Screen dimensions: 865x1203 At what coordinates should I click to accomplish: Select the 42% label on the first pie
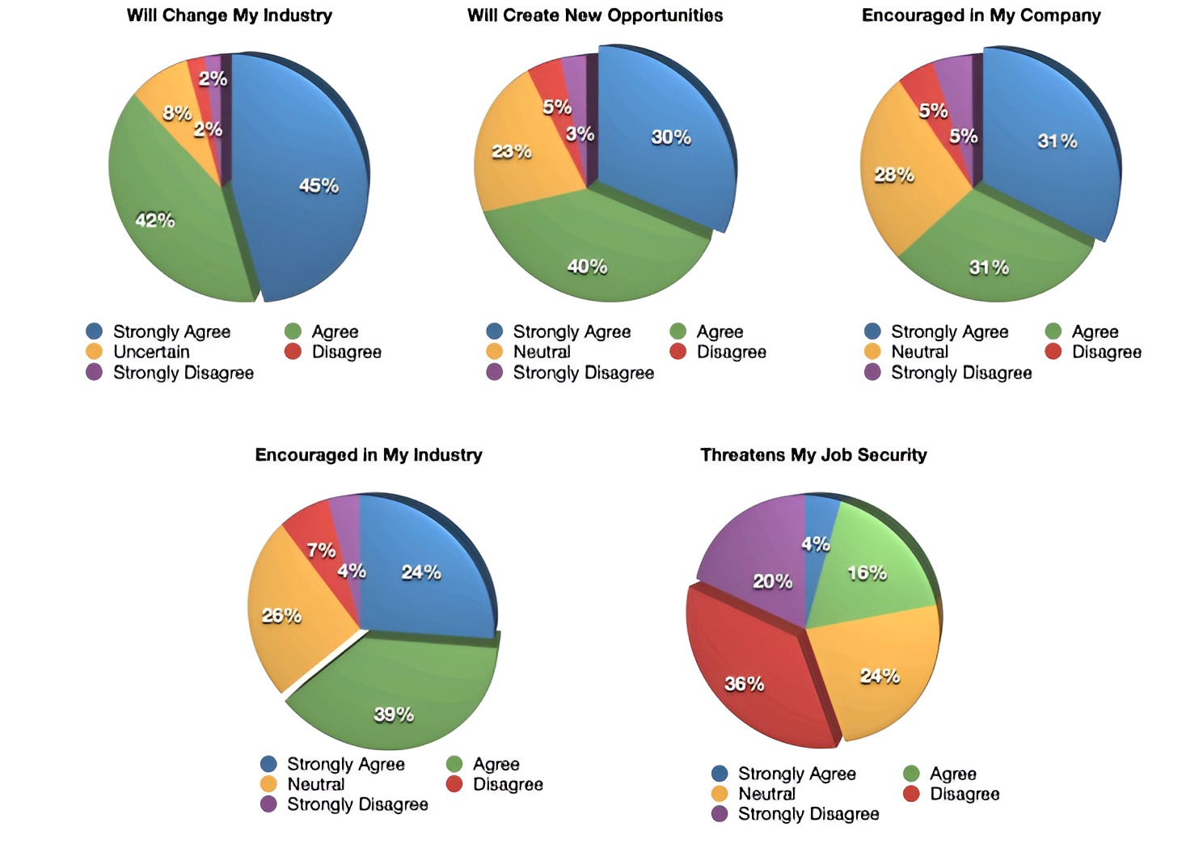point(154,220)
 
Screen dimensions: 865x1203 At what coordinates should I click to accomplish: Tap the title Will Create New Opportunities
point(595,15)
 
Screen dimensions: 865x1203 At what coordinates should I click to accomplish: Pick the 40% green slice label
point(587,266)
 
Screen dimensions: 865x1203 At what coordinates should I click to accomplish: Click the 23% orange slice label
point(512,151)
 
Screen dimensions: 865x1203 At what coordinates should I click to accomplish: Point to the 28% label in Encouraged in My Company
point(894,175)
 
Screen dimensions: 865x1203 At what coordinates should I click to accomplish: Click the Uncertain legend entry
point(151,352)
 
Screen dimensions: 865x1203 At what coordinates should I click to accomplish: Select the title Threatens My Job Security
point(813,455)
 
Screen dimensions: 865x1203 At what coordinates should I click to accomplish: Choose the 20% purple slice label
point(773,581)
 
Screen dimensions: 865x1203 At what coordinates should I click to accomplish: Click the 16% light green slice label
point(867,573)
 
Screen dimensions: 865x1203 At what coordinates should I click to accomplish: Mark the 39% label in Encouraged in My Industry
point(394,714)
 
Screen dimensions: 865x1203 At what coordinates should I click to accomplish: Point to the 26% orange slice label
point(281,616)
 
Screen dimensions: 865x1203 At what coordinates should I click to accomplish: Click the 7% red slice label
point(321,551)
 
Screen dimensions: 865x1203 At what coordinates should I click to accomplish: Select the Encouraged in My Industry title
point(369,455)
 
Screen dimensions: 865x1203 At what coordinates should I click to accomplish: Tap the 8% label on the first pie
point(177,113)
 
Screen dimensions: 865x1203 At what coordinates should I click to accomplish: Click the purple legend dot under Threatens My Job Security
point(720,813)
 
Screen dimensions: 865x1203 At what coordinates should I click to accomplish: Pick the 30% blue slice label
point(671,137)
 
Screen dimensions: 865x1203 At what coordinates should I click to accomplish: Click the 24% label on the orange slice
point(880,676)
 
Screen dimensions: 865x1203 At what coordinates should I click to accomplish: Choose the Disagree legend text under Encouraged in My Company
point(1106,352)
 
